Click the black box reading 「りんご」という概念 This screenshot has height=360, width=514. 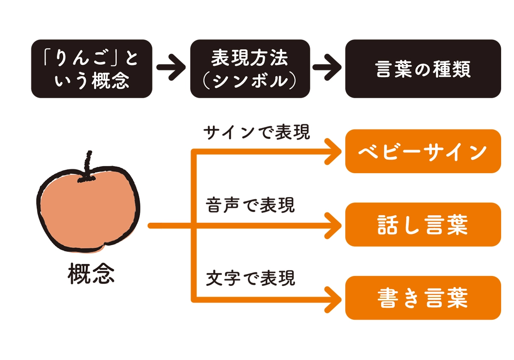[x=92, y=69]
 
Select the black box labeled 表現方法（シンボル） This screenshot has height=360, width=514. [x=250, y=69]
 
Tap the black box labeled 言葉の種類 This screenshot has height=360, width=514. [x=423, y=69]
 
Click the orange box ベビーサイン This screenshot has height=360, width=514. [x=423, y=151]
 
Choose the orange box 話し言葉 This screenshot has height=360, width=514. [x=423, y=225]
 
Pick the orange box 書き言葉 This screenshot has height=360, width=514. [x=423, y=298]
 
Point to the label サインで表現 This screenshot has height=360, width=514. [x=257, y=133]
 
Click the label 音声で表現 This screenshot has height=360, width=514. [x=251, y=206]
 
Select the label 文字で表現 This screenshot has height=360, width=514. [x=251, y=279]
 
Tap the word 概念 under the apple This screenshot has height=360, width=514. [x=91, y=275]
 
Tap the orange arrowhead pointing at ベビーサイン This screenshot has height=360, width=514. [x=334, y=151]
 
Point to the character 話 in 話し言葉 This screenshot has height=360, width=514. [x=388, y=225]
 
